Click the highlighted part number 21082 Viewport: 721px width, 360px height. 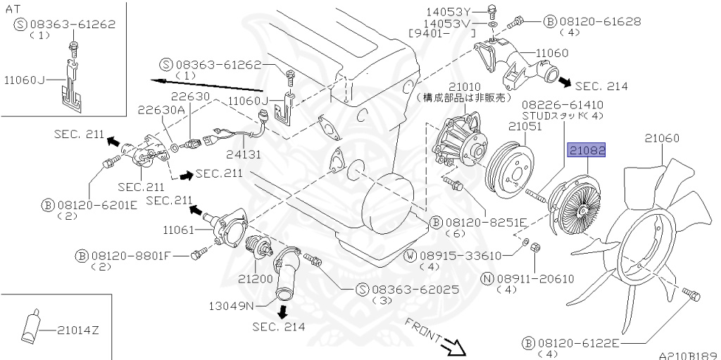tap(587, 151)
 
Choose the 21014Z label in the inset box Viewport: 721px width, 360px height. tap(78, 330)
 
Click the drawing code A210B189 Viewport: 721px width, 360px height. tap(688, 356)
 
